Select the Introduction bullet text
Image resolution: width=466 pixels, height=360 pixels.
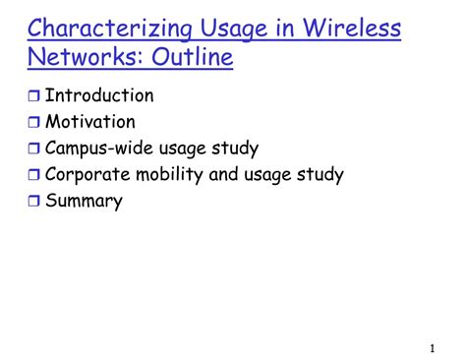click(x=99, y=96)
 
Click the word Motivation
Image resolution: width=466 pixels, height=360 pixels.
click(x=90, y=123)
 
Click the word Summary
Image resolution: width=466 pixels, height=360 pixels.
click(x=84, y=202)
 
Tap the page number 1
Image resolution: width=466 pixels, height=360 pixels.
click(x=433, y=349)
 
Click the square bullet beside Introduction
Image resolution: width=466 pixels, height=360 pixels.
click(x=33, y=97)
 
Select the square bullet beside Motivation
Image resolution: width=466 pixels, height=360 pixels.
click(x=33, y=124)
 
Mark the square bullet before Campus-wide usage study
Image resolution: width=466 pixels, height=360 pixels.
click(x=33, y=150)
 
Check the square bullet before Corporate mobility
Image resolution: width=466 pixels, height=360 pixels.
click(x=33, y=177)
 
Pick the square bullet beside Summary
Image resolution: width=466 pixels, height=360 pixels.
click(x=33, y=203)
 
